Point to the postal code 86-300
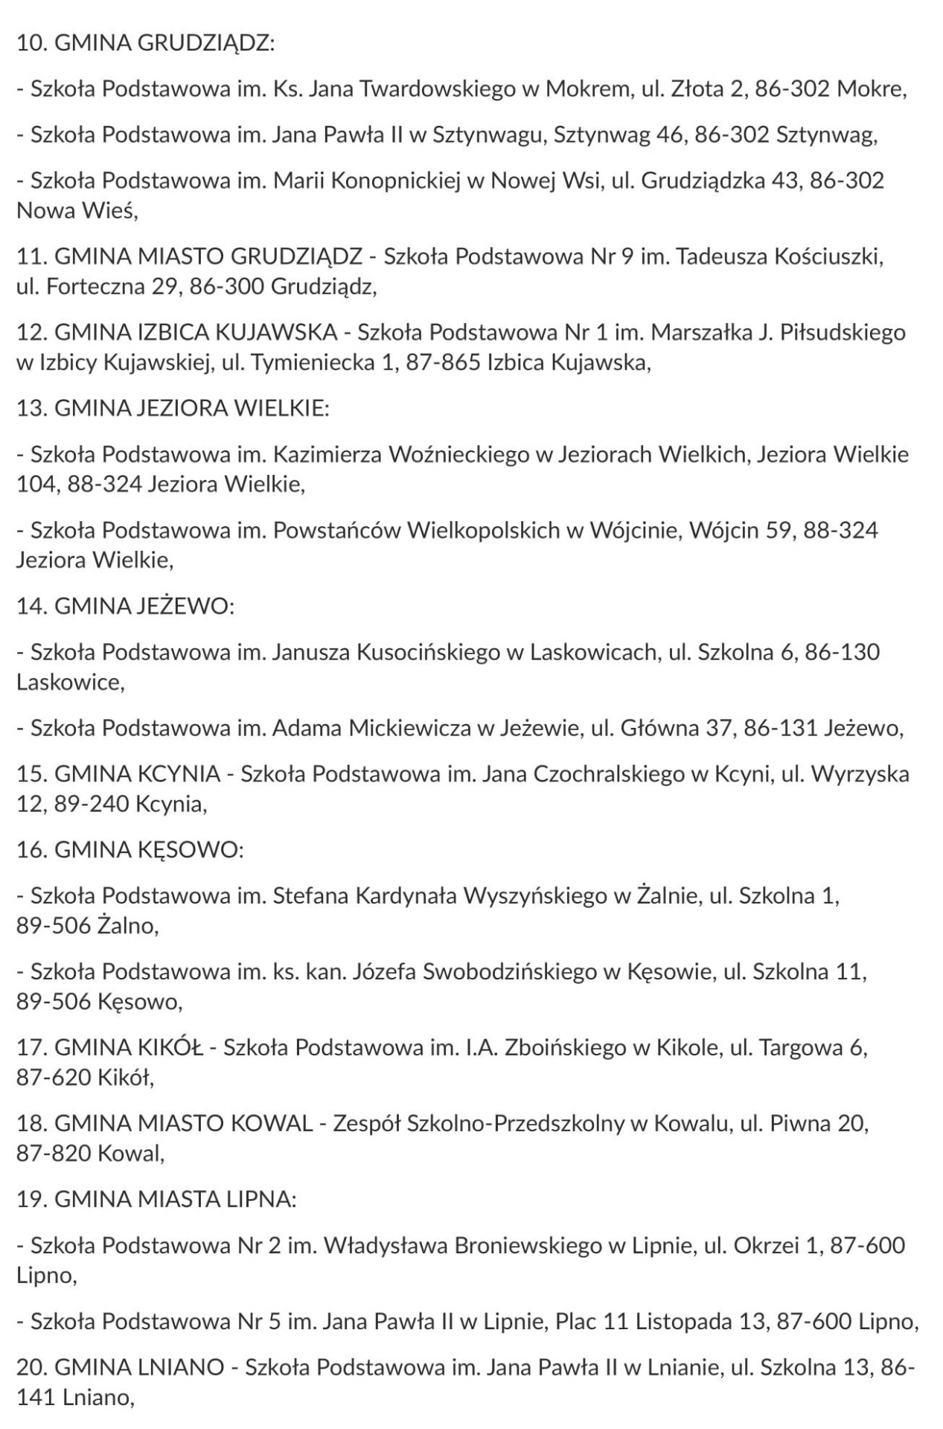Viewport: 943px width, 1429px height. (226, 287)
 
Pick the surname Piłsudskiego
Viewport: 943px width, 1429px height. (842, 332)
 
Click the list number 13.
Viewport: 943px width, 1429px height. (32, 409)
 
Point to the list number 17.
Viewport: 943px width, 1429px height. (32, 1048)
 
